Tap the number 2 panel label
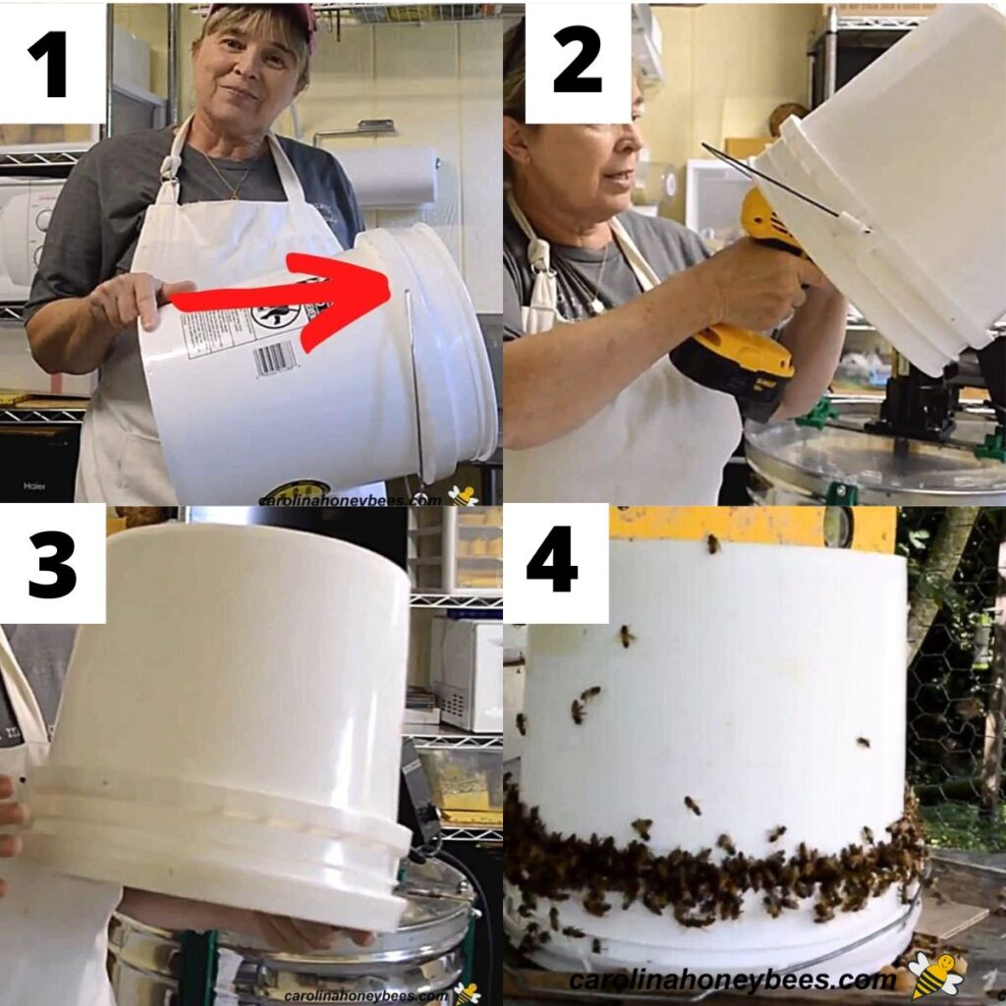click(577, 61)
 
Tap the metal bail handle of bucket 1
click(416, 393)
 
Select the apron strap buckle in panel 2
click(539, 257)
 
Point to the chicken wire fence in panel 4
click(948, 688)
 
